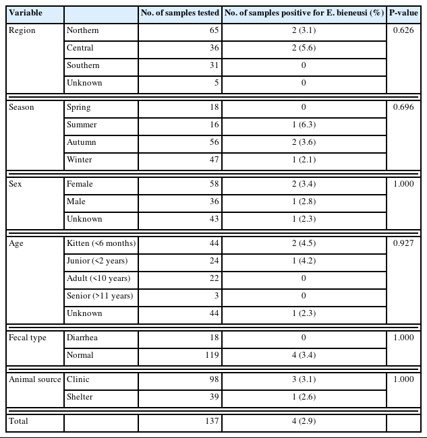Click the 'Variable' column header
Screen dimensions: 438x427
(x=26, y=13)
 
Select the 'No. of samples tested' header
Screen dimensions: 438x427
(x=179, y=13)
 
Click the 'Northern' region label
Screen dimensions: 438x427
(x=82, y=30)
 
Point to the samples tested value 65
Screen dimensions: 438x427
(x=214, y=30)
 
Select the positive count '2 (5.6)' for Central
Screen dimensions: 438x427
(x=304, y=48)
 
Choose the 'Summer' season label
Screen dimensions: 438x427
(x=82, y=125)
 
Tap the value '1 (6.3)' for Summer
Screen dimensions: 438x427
(x=304, y=125)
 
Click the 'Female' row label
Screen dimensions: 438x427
(x=80, y=184)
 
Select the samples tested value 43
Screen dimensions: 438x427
(x=214, y=219)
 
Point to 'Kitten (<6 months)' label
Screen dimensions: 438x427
(x=101, y=243)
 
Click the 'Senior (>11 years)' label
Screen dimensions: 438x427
(x=100, y=296)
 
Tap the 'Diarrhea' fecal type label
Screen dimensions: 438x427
(x=82, y=338)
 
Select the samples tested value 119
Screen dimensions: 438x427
(x=212, y=355)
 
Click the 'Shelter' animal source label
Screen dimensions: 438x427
(x=80, y=397)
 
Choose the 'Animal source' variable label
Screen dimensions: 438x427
(x=34, y=379)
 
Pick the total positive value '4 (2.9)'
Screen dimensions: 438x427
(x=304, y=421)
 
